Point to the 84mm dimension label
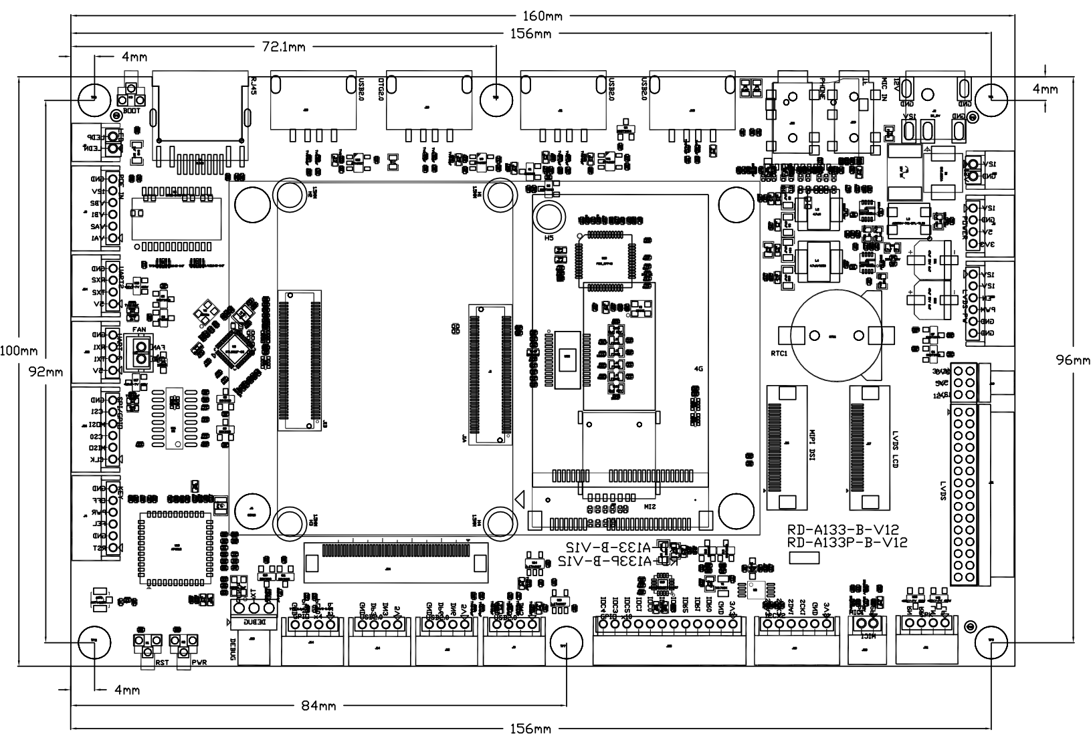318,705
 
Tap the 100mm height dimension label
19,350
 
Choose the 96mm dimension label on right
1073,360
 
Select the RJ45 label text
252,88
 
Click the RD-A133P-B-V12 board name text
848,542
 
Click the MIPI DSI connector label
813,445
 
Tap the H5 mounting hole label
549,237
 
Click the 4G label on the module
698,368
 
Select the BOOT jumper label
130,111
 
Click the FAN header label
139,330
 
